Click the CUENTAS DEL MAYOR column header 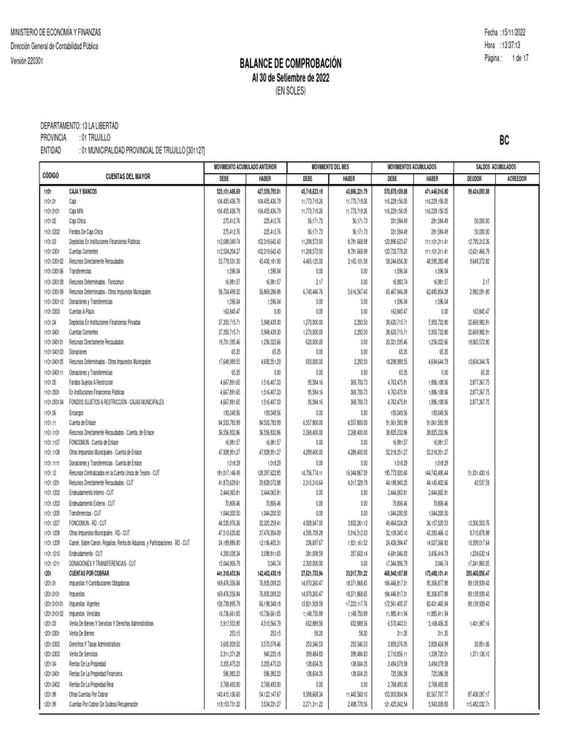click(129, 177)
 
